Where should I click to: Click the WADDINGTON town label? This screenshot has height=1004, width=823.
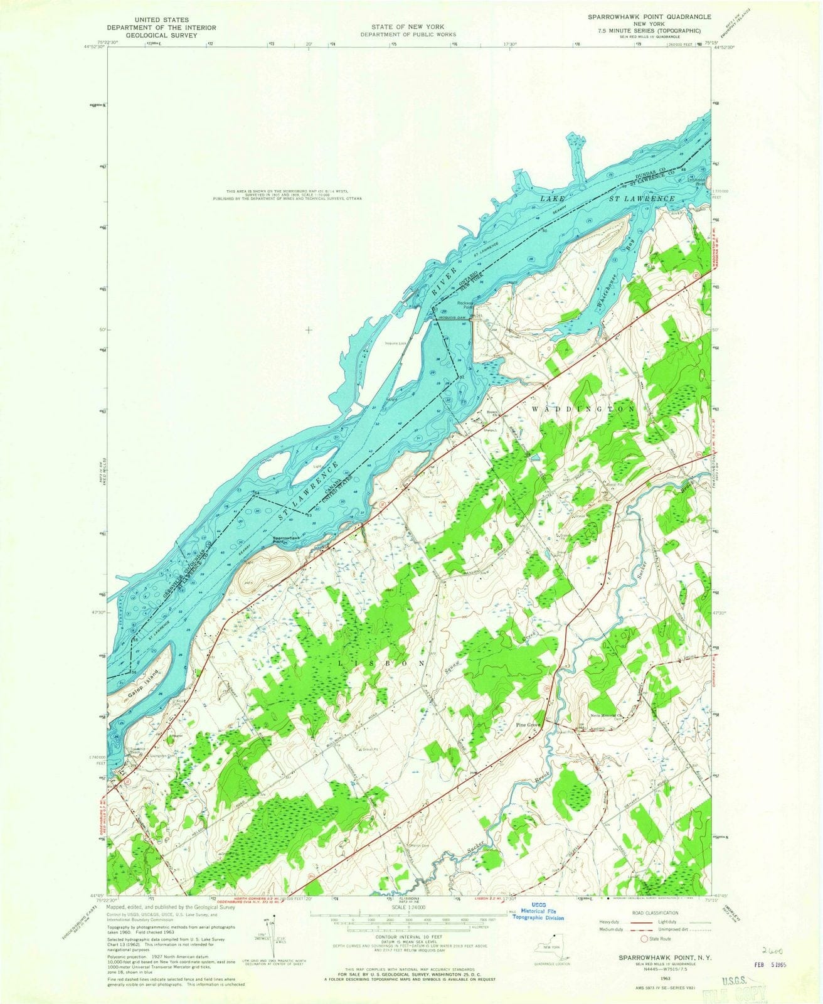pos(583,409)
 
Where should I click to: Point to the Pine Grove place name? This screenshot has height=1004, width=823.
pos(528,725)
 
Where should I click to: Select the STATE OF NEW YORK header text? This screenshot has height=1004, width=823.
pos(408,27)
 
